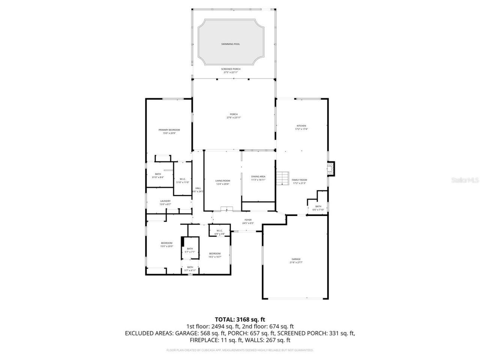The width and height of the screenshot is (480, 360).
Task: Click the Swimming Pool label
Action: coord(230,44)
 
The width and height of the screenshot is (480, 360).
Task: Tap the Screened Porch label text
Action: coord(231,69)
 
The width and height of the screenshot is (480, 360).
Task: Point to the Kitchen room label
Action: coord(301,126)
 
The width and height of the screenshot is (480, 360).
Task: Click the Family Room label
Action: coord(299,180)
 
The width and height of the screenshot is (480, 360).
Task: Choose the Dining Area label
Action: coord(258,176)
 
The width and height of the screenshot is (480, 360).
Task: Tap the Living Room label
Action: coord(222,180)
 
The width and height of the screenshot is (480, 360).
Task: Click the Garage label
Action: coord(296,259)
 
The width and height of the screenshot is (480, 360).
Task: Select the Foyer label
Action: coord(248,220)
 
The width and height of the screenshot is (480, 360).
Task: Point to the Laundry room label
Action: coord(165,201)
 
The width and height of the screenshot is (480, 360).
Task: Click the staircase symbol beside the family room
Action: coord(283,178)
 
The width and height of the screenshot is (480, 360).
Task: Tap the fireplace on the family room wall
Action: coord(330,168)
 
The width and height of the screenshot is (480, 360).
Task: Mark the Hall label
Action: coord(198,188)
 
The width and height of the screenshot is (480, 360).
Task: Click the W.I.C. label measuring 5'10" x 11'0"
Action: coord(183,179)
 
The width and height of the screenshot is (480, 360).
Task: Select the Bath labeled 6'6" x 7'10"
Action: coord(318,207)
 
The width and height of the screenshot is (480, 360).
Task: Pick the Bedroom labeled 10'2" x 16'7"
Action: coord(215,253)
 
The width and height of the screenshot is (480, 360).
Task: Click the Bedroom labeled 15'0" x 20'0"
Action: coord(166,243)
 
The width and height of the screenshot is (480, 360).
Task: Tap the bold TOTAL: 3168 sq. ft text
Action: coord(240,319)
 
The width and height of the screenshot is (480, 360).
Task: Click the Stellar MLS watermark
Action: coord(465,180)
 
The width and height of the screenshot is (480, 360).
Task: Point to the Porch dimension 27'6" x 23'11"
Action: coord(234,118)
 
